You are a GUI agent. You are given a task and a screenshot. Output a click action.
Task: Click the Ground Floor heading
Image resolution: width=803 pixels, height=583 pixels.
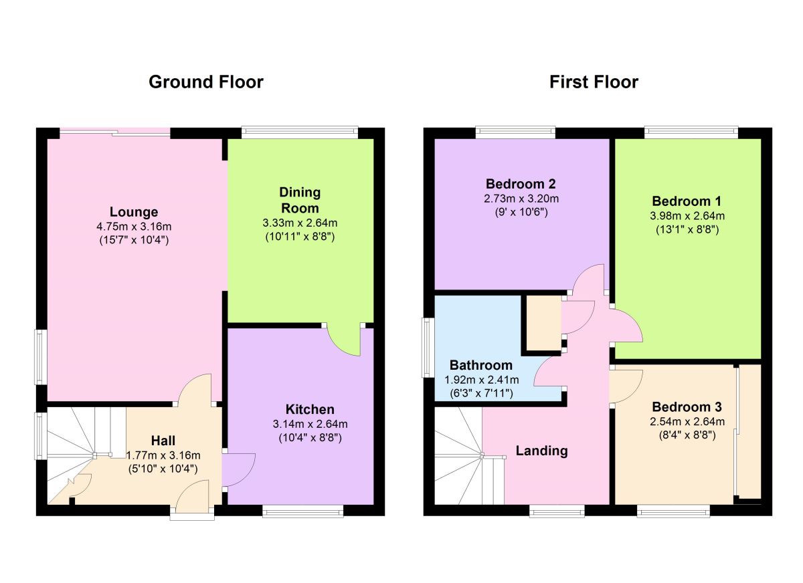pyautogui.click(x=206, y=82)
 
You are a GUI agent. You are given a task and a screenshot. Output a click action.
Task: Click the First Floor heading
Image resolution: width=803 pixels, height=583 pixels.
pyautogui.click(x=594, y=82)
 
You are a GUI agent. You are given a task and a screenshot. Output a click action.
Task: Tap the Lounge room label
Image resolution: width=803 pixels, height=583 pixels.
pyautogui.click(x=134, y=212)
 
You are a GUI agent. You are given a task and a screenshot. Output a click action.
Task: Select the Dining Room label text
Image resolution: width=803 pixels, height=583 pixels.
pyautogui.click(x=300, y=200)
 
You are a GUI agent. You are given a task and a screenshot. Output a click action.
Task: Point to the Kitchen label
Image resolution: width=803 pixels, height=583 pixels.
pyautogui.click(x=310, y=409)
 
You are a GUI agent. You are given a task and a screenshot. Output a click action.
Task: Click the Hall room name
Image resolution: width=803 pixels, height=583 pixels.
pyautogui.click(x=163, y=441)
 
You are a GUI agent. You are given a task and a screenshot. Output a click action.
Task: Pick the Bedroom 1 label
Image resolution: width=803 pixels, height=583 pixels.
pyautogui.click(x=687, y=201)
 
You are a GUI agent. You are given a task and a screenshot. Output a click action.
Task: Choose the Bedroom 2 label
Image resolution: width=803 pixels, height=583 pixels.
pyautogui.click(x=521, y=184)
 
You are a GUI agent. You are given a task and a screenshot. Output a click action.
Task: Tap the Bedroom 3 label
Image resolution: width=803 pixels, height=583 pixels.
pyautogui.click(x=687, y=406)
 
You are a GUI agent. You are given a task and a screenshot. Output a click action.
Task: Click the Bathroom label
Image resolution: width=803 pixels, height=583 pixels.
pyautogui.click(x=481, y=365)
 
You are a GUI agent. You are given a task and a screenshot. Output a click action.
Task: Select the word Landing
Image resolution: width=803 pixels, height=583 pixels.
pyautogui.click(x=541, y=451)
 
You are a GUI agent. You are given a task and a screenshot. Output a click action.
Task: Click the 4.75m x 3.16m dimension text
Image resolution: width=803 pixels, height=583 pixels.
pyautogui.click(x=134, y=227)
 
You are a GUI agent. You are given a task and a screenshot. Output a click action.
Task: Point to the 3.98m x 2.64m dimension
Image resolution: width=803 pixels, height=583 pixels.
pyautogui.click(x=687, y=215)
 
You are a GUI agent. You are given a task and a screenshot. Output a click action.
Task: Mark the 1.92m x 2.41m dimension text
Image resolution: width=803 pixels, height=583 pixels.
pyautogui.click(x=481, y=380)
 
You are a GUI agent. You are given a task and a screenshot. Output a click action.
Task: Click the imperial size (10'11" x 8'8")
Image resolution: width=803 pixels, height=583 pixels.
pyautogui.click(x=300, y=237)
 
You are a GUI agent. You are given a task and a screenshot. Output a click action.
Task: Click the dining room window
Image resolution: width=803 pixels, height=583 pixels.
pyautogui.click(x=300, y=132)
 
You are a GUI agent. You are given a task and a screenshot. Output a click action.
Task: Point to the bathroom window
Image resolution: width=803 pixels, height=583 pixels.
pyautogui.click(x=428, y=348)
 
